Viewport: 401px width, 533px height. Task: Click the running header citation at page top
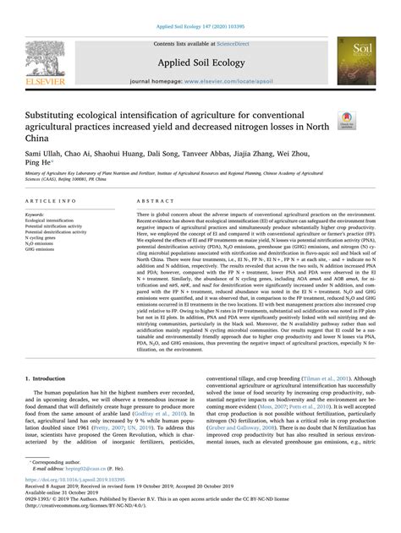200,7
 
